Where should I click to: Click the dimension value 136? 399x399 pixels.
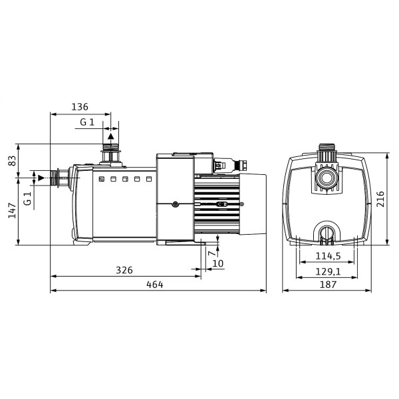tap(80, 107)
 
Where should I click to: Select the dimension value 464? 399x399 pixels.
tap(155, 285)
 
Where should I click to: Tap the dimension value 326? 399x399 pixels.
tap(124, 270)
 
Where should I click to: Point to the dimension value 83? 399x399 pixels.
tap(12, 160)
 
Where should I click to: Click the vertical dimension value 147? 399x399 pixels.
tap(12, 211)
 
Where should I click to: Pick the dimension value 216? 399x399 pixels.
tap(380, 199)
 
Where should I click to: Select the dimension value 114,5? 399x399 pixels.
tap(328, 256)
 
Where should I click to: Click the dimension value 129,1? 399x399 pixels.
tap(328, 272)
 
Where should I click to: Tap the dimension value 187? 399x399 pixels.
tap(328, 285)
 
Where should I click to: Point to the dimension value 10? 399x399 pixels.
tap(218, 263)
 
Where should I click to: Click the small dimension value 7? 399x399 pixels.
tap(211, 253)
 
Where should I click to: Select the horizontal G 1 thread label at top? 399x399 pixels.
tap(87, 122)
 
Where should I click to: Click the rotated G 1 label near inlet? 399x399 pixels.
tap(27, 199)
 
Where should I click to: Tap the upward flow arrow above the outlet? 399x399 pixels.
tap(110, 136)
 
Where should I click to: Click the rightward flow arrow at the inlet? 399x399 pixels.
tap(41, 178)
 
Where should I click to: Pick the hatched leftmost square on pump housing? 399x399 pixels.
tap(102, 179)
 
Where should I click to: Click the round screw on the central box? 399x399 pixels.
tap(175, 204)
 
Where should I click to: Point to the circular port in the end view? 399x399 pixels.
tap(327, 177)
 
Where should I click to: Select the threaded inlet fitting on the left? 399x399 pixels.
tap(59, 178)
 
